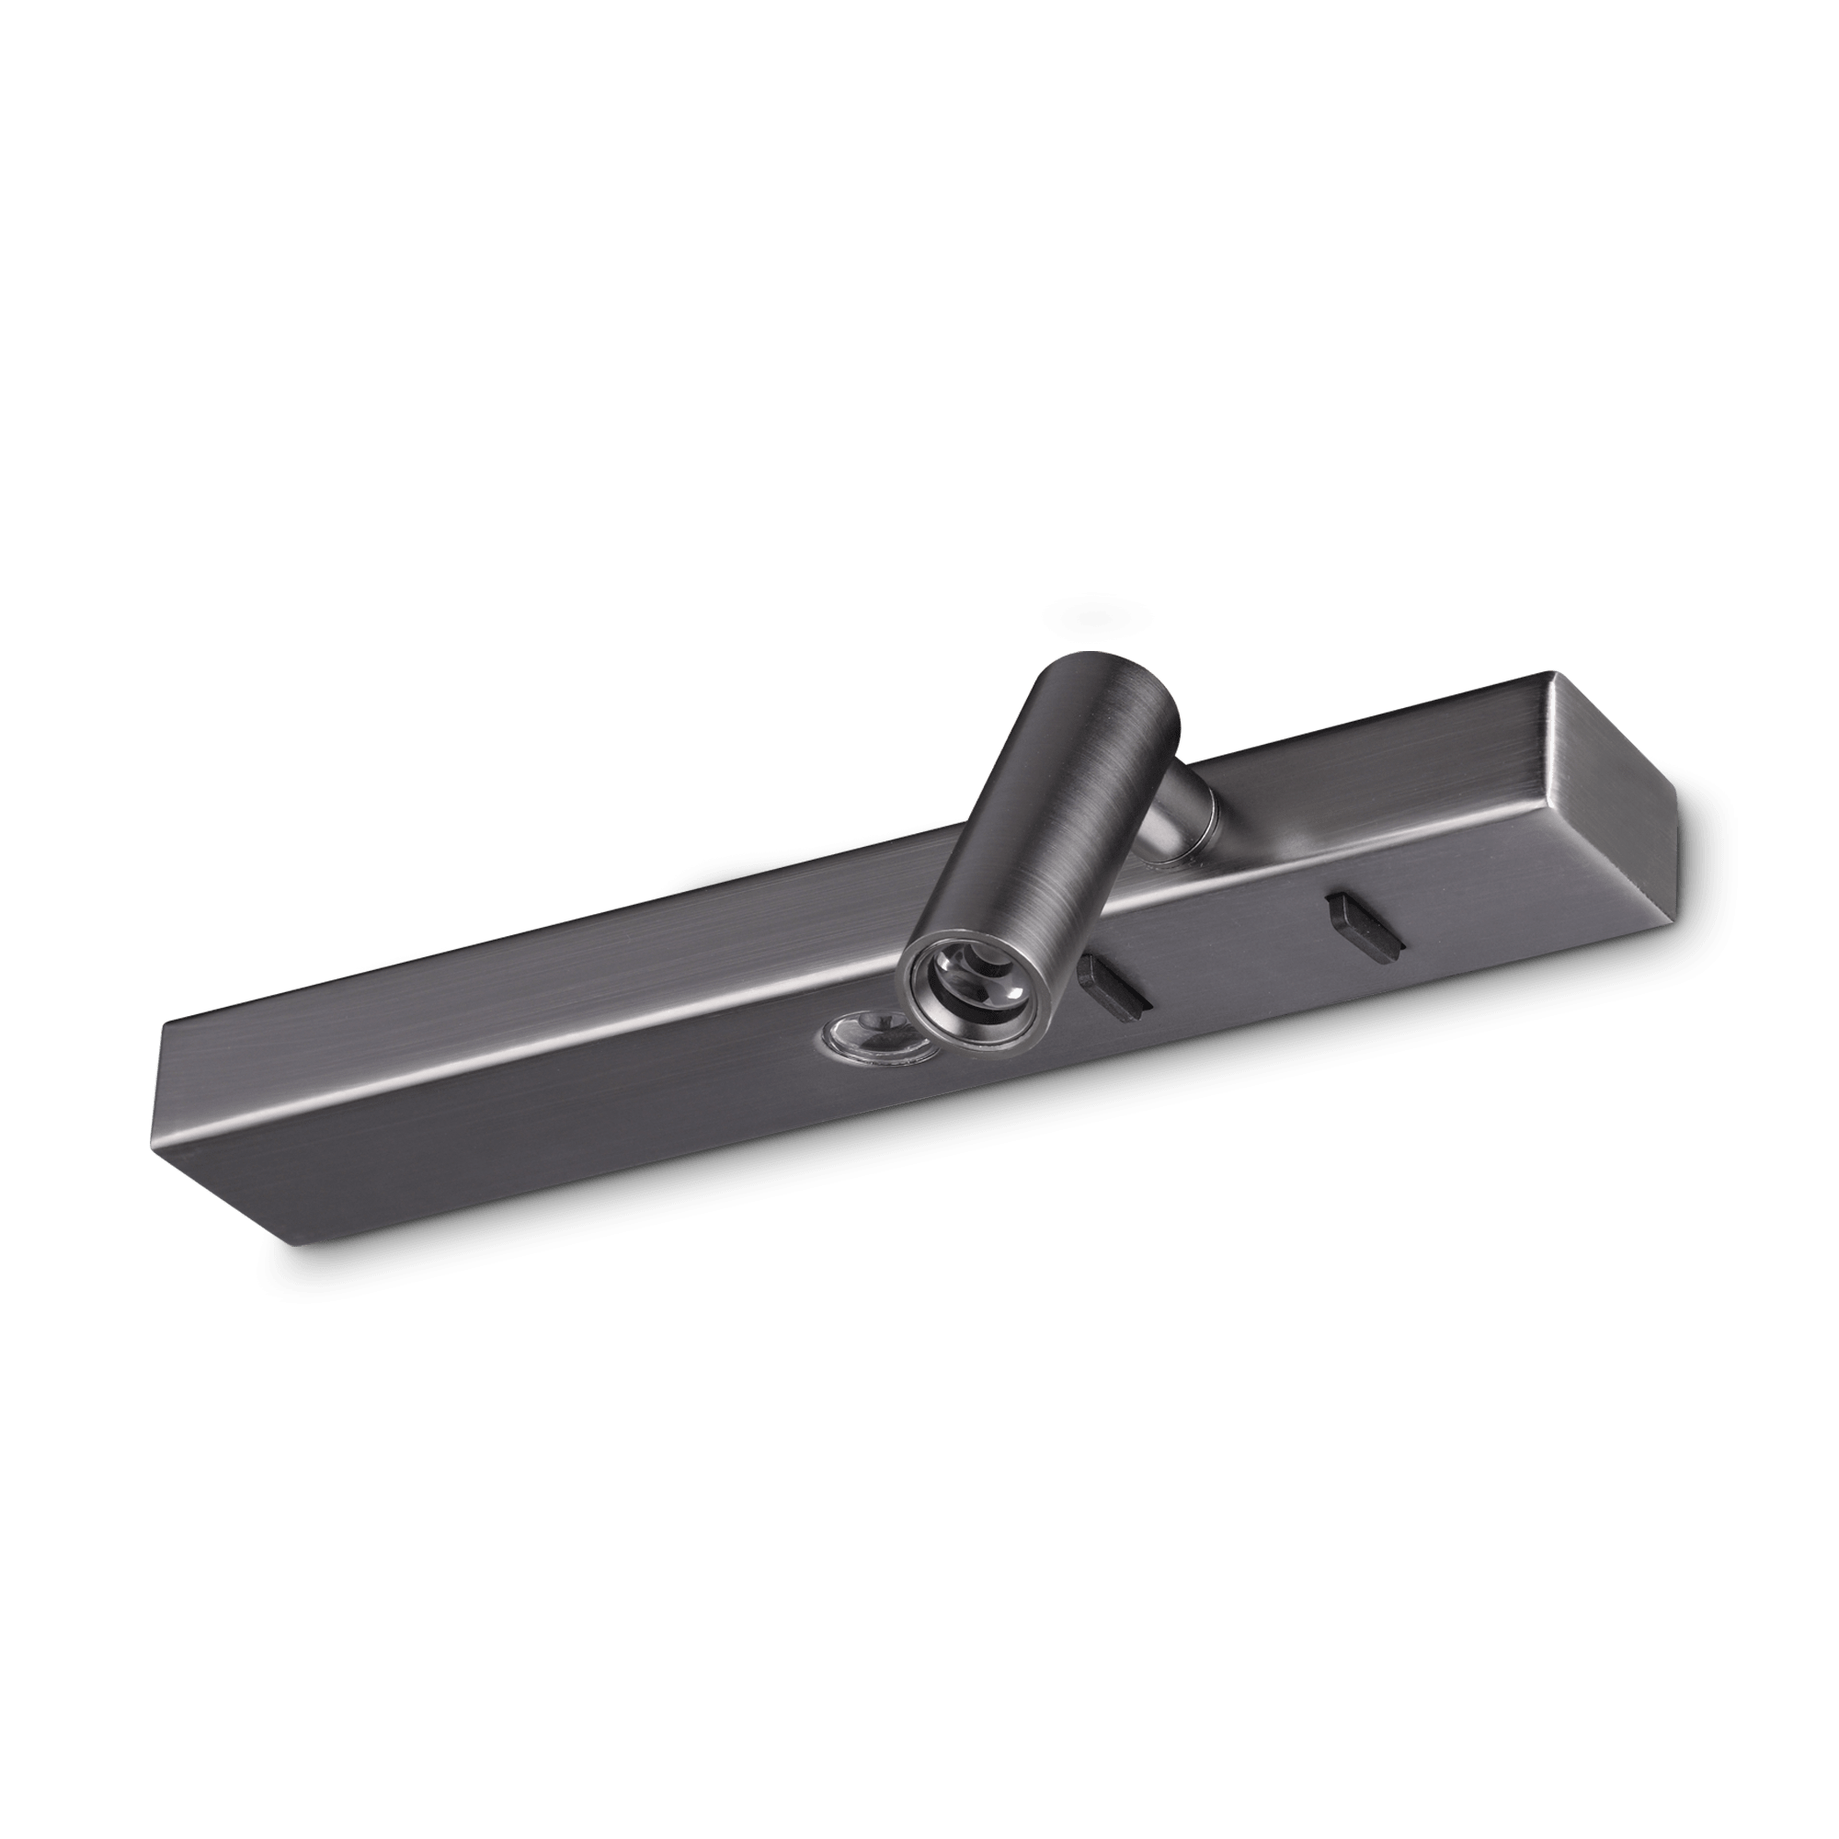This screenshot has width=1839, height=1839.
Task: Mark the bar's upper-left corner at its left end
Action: pos(169,1022)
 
